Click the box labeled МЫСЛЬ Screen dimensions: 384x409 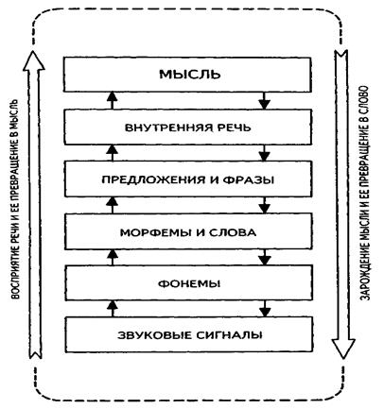[x=187, y=75]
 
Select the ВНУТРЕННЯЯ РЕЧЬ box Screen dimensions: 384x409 [x=188, y=127]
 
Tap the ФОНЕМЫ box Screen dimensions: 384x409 [x=189, y=282]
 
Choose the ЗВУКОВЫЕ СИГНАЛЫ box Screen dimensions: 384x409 [x=189, y=334]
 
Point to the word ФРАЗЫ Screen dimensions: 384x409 [x=249, y=180]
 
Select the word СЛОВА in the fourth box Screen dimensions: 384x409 [x=233, y=232]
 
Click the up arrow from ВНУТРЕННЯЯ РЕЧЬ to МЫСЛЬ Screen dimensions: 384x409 [x=112, y=100]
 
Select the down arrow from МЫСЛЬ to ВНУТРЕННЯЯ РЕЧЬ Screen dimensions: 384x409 [x=264, y=100]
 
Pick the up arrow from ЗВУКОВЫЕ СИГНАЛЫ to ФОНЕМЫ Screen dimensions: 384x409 [x=113, y=309]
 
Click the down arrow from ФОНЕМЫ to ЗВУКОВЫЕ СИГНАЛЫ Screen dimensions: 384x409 [x=265, y=309]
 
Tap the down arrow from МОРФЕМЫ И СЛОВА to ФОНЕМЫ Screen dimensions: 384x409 [x=265, y=257]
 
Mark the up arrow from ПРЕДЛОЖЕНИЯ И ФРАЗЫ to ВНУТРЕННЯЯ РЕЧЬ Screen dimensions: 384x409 [x=112, y=153]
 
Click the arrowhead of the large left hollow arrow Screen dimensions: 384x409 [x=34, y=60]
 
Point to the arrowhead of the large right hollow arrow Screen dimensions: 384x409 [x=343, y=349]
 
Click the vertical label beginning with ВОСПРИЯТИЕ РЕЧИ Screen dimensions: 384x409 [x=14, y=199]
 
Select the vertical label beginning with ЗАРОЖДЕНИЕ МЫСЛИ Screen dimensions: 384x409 [x=365, y=193]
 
